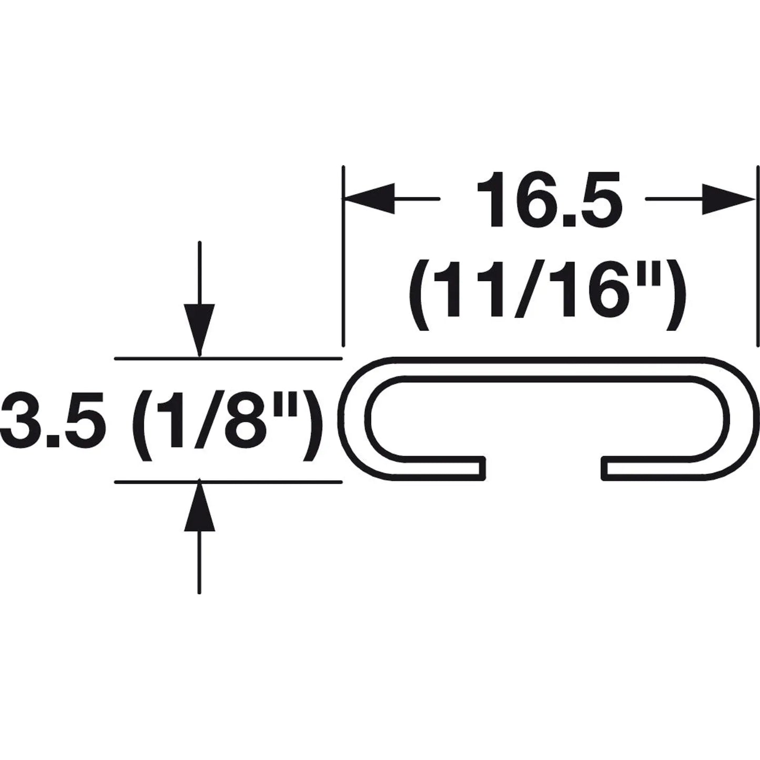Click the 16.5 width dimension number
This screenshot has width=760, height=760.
[550, 200]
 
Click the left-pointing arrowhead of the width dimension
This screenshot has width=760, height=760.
[369, 199]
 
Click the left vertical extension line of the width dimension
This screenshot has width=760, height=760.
[343, 256]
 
